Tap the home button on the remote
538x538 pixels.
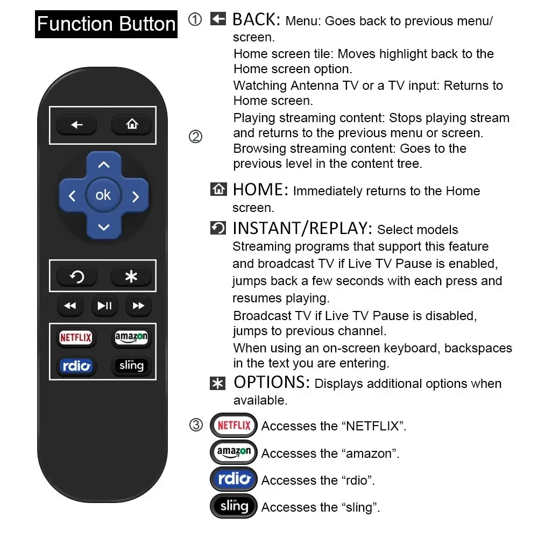[132, 125]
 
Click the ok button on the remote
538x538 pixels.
[103, 195]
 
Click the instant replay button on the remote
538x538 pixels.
[77, 277]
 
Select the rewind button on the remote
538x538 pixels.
[70, 306]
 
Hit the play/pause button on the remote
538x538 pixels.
[104, 306]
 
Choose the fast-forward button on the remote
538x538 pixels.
[138, 306]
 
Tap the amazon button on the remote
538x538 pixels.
[131, 337]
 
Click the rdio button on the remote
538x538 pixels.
[76, 366]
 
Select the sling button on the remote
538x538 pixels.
[131, 366]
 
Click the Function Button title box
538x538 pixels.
[106, 24]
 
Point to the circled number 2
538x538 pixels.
[196, 137]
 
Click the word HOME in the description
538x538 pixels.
[258, 190]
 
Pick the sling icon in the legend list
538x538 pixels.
[233, 506]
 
